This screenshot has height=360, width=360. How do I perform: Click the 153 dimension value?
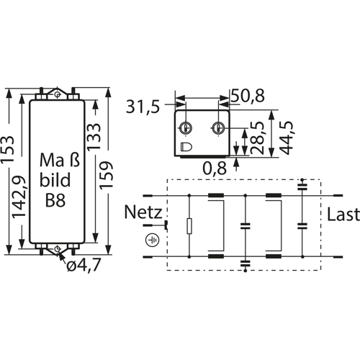tap(7, 150)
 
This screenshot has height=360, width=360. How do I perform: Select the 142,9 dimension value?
tap(19, 197)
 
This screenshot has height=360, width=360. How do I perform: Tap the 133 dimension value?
tap(94, 137)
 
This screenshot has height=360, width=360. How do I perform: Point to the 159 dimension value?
tap(106, 175)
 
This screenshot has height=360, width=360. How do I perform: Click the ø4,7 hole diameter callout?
tap(84, 265)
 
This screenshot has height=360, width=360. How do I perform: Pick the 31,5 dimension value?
tap(143, 107)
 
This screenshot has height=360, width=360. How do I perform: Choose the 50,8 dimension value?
tap(248, 96)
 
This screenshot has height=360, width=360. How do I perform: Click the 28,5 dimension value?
tap(257, 138)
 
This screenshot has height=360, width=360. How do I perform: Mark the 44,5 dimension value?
tap(287, 138)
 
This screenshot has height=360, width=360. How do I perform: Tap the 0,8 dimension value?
tap(215, 168)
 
